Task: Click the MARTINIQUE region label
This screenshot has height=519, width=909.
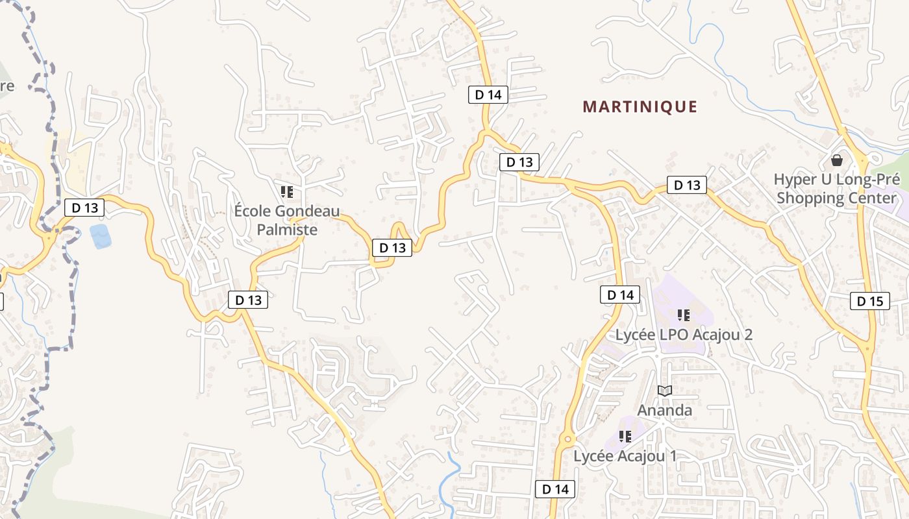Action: point(640,107)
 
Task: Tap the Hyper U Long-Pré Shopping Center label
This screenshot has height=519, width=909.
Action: point(837,189)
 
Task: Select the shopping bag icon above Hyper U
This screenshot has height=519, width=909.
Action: point(837,160)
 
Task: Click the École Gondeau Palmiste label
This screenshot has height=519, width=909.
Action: point(287,220)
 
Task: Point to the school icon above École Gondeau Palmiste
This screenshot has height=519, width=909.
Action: point(287,191)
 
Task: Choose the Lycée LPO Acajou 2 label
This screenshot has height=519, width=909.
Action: point(684,335)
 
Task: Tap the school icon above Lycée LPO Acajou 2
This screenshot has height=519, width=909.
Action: point(683,315)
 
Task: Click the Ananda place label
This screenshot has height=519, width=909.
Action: point(664,410)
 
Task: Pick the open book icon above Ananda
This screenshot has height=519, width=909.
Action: point(664,391)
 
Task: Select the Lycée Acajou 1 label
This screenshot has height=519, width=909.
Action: point(625,456)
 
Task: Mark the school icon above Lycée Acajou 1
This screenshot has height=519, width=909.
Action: point(625,436)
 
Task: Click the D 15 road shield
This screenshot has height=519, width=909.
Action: point(869,301)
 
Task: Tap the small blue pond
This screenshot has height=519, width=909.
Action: point(101,236)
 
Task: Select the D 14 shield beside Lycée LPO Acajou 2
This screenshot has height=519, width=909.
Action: point(619,295)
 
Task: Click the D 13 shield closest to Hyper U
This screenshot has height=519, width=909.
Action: point(687,186)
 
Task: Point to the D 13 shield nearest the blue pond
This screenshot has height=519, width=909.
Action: point(84,208)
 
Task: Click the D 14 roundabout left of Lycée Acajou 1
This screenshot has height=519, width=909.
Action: point(567,440)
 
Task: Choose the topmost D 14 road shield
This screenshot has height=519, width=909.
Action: point(488,95)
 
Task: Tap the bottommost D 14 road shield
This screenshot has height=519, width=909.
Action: point(554,489)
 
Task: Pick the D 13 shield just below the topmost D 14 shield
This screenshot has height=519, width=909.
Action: point(519,162)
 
